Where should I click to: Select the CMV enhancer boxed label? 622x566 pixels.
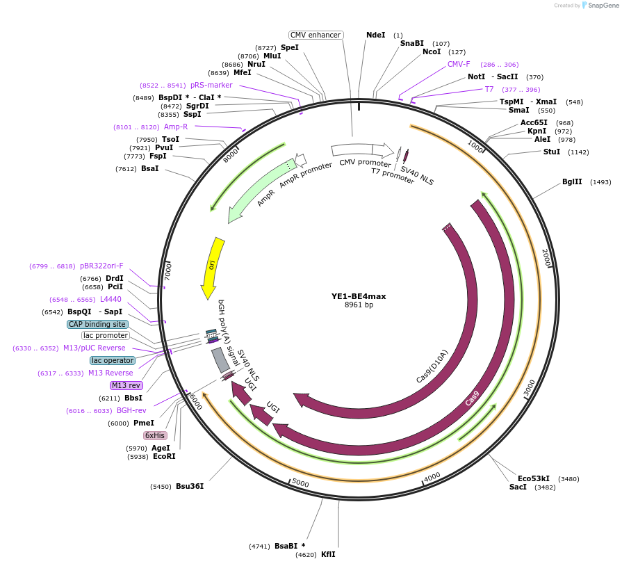[316, 35]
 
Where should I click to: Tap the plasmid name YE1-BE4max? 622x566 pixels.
[359, 296]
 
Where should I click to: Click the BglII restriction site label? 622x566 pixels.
[572, 182]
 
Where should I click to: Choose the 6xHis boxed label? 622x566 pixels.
[155, 435]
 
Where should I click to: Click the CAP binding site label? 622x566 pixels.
[97, 324]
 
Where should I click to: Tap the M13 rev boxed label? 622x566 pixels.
[126, 385]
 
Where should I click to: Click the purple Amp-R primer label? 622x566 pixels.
[176, 127]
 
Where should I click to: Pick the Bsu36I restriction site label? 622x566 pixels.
[190, 486]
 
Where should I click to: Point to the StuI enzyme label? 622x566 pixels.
[552, 152]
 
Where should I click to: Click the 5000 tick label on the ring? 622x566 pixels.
[300, 483]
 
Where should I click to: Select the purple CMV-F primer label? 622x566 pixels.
[459, 64]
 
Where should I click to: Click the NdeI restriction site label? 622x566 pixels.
[375, 35]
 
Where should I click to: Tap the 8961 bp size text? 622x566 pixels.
[359, 305]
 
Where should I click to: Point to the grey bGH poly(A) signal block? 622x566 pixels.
[220, 359]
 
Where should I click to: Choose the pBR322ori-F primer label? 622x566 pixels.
[101, 266]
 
